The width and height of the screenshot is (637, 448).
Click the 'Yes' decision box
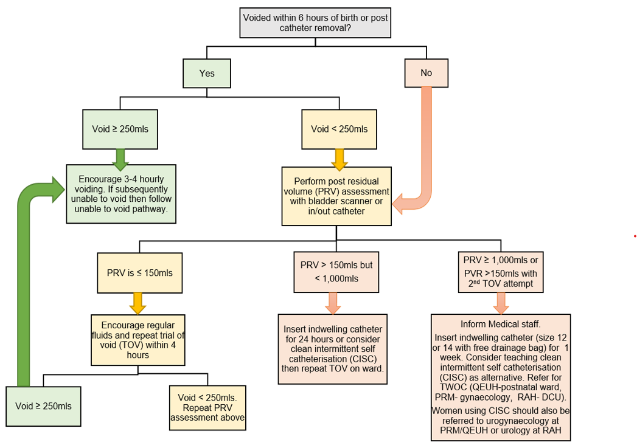[x=207, y=73]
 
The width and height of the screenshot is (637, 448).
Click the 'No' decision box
[x=426, y=73]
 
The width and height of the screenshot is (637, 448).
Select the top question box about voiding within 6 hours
[x=315, y=22]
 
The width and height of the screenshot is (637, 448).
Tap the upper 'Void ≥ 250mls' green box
[x=120, y=129]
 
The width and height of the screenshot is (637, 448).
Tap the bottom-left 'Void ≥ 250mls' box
[x=43, y=406]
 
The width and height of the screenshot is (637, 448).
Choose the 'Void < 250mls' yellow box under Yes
[x=339, y=129]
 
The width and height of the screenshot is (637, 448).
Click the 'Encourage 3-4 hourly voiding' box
[x=121, y=193]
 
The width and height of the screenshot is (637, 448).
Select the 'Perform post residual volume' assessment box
[x=337, y=196]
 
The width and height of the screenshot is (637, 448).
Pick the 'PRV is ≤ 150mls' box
[x=139, y=273]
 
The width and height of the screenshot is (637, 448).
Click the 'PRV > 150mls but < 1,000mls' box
[x=336, y=272]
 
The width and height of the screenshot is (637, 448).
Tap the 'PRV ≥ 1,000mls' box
[x=501, y=272]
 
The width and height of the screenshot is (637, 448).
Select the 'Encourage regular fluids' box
[x=137, y=340]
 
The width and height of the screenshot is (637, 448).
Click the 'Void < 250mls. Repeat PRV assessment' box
[x=208, y=408]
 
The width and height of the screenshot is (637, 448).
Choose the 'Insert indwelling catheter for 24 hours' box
[x=333, y=349]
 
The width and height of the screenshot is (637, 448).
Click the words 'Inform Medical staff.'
[x=501, y=323]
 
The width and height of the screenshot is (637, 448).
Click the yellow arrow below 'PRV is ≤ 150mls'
[x=138, y=303]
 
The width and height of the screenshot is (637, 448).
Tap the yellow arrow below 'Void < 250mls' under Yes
[x=339, y=158]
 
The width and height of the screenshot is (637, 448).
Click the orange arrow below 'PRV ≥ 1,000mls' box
[x=501, y=303]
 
